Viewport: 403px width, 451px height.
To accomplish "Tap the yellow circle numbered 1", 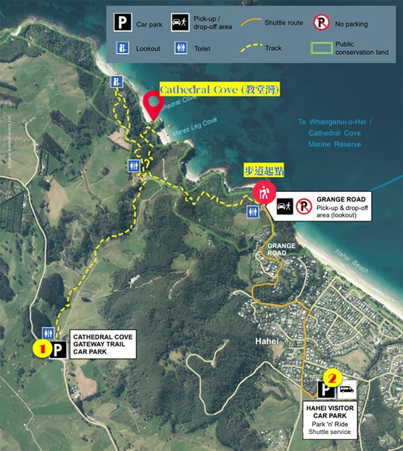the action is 42,347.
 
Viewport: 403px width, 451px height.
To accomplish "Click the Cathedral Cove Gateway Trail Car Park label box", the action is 102,345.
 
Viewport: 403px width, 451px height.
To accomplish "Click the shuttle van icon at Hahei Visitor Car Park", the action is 348,389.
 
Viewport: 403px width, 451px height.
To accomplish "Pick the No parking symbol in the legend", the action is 322,23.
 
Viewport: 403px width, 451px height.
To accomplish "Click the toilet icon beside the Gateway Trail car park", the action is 48,333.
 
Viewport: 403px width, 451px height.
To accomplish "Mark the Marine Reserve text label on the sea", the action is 334,144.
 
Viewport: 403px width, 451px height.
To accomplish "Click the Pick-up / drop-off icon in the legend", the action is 180,23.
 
